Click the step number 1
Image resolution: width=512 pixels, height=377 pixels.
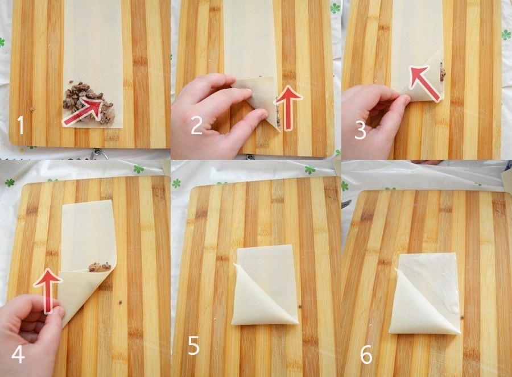(21, 125)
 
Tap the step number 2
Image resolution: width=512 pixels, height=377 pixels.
(197, 126)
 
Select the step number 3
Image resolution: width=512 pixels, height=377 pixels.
(360, 130)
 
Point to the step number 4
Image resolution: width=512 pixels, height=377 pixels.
(18, 354)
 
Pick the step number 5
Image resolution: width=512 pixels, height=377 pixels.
(194, 346)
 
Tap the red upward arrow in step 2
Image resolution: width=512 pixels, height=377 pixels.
(288, 108)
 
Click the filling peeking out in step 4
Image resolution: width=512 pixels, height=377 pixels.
(100, 266)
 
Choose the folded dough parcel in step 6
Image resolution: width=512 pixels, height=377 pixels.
(425, 293)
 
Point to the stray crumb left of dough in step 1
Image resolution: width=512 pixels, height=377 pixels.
(32, 109)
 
